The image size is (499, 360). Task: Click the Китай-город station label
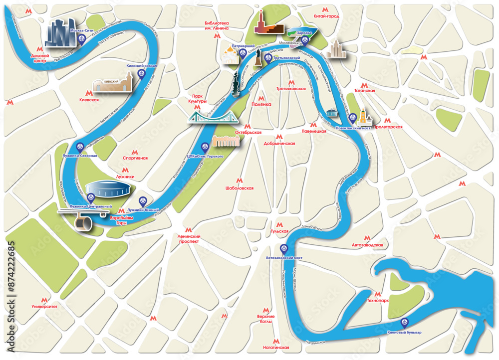click(326, 16)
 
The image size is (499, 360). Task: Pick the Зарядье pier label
click(304, 33)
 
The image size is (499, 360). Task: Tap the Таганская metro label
click(364, 91)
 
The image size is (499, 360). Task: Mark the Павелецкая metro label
click(314, 131)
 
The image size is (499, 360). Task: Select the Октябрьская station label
click(249, 133)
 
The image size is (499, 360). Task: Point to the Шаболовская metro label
click(240, 188)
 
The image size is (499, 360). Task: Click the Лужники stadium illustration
click(109, 189)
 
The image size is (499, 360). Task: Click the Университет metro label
click(44, 307)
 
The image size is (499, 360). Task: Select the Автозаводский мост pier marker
click(284, 248)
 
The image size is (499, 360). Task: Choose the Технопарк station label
click(378, 301)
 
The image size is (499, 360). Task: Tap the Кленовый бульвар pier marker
click(405, 323)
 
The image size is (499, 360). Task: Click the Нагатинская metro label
click(276, 347)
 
